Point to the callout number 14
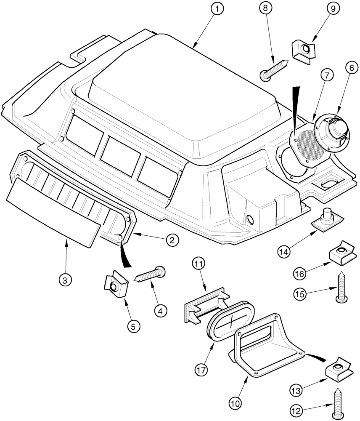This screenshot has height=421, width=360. click(285, 251)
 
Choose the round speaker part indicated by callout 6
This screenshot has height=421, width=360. click(331, 137)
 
